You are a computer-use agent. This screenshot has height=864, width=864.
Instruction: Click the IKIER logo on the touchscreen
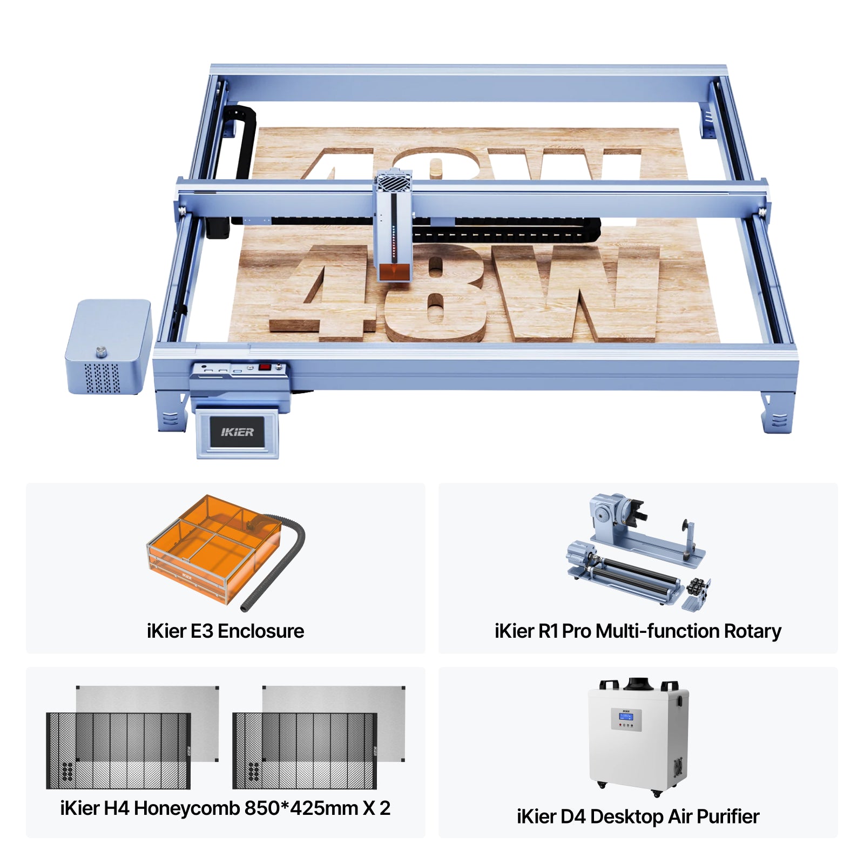[x=237, y=432]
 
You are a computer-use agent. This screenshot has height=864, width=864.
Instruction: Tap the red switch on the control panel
[x=264, y=367]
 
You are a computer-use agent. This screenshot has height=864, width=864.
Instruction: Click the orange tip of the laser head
[x=394, y=272]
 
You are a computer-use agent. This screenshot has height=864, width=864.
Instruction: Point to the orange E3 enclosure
[x=213, y=548]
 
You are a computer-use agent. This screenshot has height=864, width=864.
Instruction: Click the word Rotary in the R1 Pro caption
[x=752, y=631]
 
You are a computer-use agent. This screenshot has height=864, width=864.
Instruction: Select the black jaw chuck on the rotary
[x=637, y=510]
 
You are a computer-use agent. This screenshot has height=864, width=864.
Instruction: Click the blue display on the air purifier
[x=626, y=717]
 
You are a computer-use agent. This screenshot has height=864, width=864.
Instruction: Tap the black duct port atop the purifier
[x=639, y=684]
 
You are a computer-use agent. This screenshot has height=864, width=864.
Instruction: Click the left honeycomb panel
[x=119, y=751]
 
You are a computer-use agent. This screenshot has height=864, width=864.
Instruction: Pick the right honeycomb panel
[x=305, y=751]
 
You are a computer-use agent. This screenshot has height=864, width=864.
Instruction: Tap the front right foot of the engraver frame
[x=778, y=413]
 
